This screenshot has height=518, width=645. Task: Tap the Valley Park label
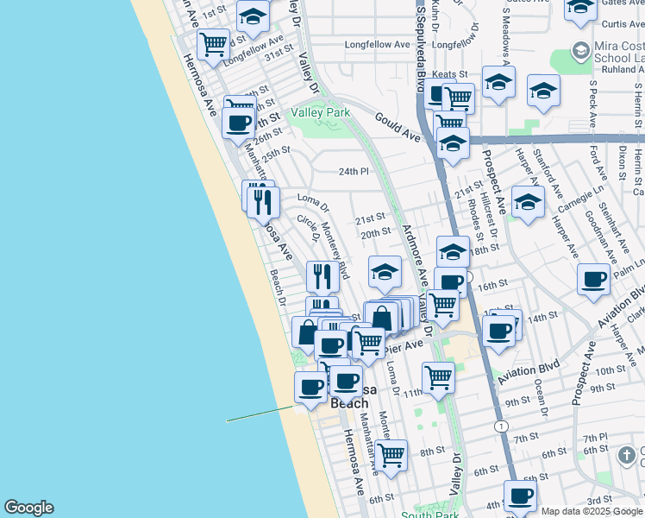(x=321, y=112)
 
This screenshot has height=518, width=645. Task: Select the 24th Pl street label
(x=353, y=172)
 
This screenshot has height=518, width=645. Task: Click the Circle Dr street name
(x=309, y=228)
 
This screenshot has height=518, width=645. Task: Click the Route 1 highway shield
(x=501, y=426)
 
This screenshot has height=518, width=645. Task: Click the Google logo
(x=28, y=508)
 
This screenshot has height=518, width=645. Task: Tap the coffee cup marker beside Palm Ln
(x=593, y=279)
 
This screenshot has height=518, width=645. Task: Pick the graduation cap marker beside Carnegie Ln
(x=528, y=202)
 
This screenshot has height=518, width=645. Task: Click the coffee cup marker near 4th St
(x=520, y=496)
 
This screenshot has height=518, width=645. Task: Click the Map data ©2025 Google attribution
(x=592, y=511)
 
